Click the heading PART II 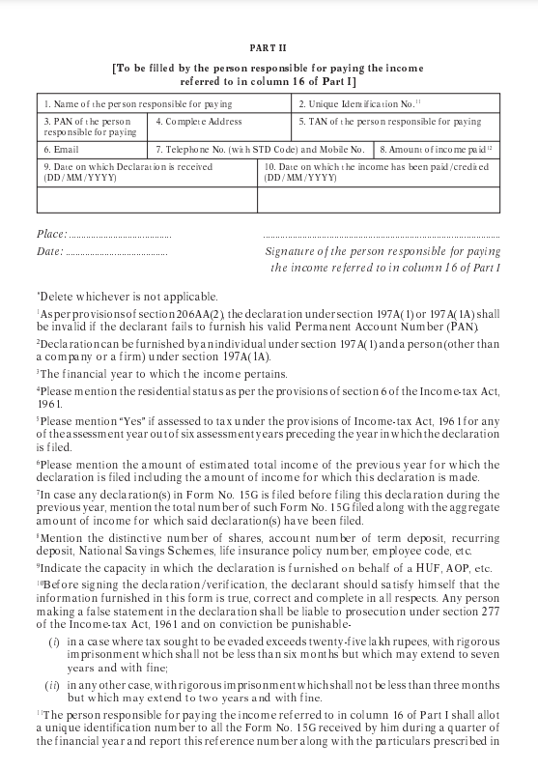(269, 47)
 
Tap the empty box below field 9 (147, 199)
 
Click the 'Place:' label (51, 235)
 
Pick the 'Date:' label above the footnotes (49, 251)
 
